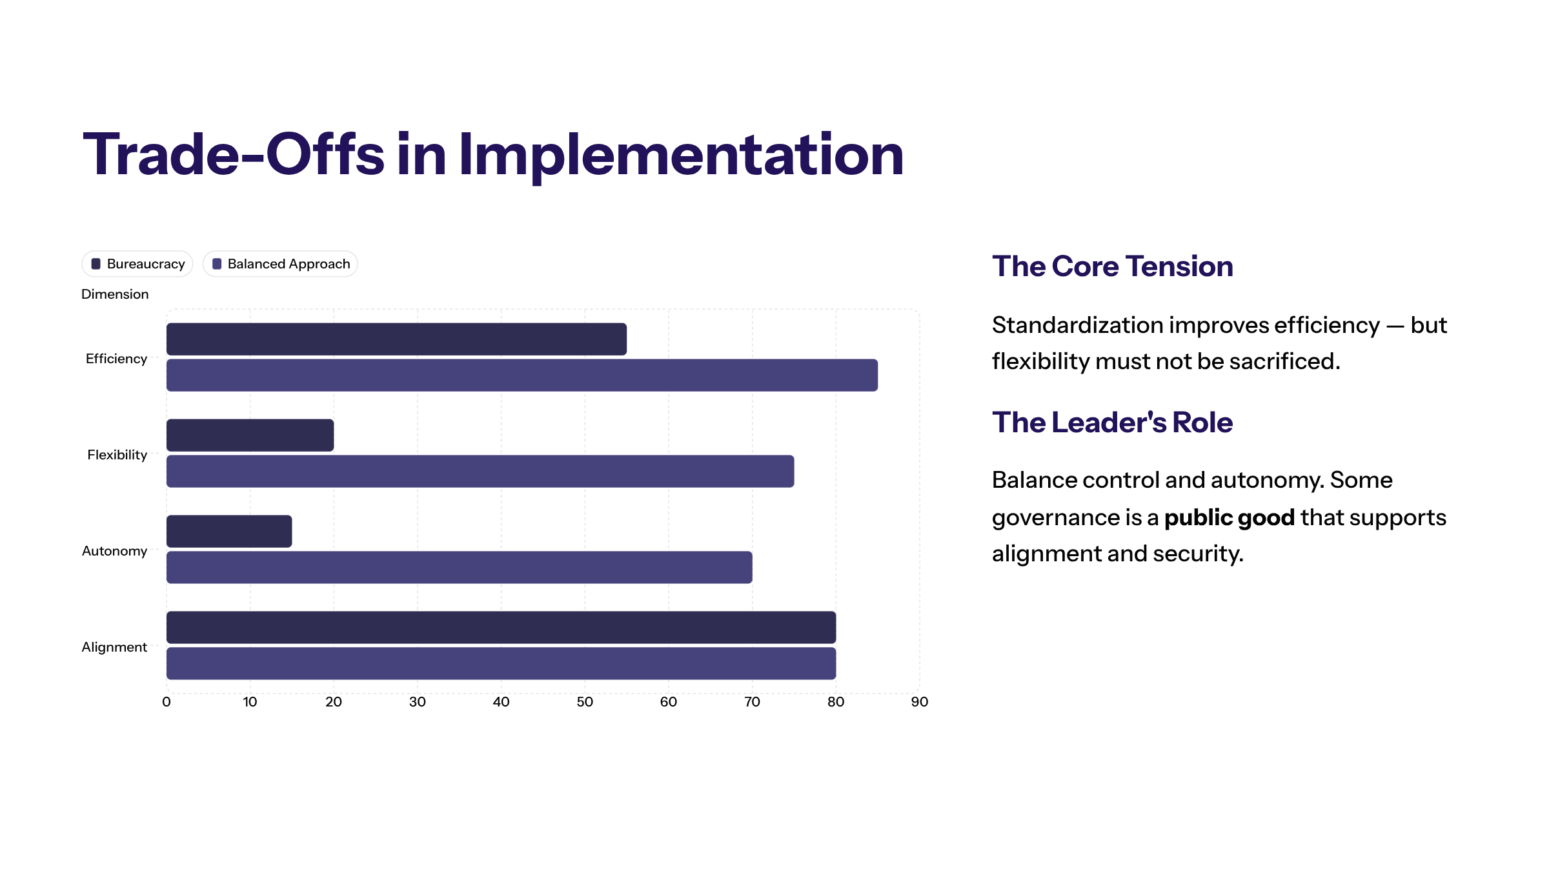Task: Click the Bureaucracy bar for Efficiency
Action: [396, 339]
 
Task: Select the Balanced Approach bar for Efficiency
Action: [521, 375]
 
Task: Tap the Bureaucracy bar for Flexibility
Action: [250, 435]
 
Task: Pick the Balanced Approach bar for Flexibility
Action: [480, 472]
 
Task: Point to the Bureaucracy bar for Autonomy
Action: [229, 532]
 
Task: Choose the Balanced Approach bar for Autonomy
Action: [459, 568]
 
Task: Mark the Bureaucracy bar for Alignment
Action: [501, 628]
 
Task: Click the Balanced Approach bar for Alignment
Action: [501, 664]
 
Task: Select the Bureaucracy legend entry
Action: [137, 264]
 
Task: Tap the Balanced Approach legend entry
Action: [281, 264]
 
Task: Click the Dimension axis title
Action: [115, 294]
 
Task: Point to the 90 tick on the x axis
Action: [919, 702]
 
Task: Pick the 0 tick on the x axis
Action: [167, 702]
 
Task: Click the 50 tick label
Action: [585, 702]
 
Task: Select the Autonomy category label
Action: [115, 551]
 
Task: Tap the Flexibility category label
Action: [117, 455]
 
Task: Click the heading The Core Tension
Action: [1112, 266]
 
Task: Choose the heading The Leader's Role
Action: [1112, 423]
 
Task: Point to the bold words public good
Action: [1229, 517]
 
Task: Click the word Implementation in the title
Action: [681, 155]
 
